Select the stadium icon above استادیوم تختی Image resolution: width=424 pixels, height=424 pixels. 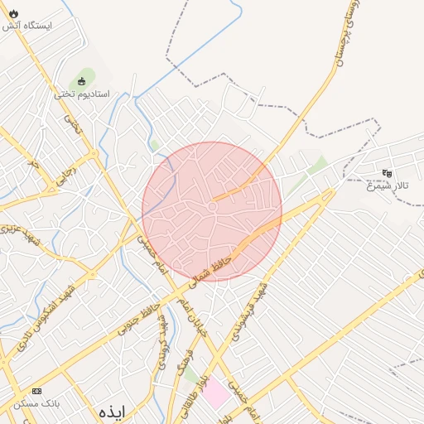tap(82, 81)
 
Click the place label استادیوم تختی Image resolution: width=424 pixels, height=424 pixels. tap(76, 94)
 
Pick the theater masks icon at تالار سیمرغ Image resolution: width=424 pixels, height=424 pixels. tap(387, 173)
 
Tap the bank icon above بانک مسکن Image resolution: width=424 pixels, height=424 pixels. tap(36, 390)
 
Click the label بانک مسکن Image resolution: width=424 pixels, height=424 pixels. tap(36, 403)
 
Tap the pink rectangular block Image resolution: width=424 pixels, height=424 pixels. tap(217, 393)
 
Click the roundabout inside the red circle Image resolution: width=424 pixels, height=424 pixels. tap(213, 206)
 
